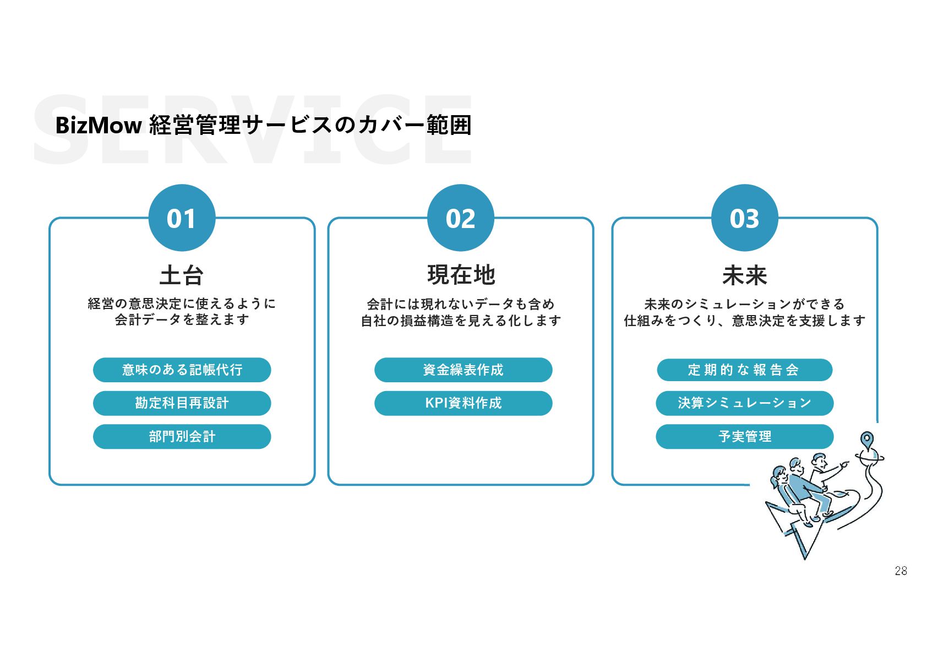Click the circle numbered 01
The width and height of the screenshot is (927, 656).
click(x=182, y=218)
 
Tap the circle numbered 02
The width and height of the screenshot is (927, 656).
click(x=460, y=218)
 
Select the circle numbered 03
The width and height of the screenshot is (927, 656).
click(x=744, y=218)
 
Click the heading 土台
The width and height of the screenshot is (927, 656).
click(x=182, y=275)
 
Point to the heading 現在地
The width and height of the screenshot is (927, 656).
click(x=461, y=275)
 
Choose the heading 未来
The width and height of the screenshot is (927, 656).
click(x=744, y=275)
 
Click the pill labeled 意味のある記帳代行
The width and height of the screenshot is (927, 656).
click(x=182, y=370)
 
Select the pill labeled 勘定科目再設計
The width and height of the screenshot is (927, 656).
click(x=182, y=403)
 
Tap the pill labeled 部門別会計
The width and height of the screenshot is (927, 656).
click(x=182, y=437)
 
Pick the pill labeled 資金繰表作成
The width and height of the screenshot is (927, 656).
click(x=463, y=370)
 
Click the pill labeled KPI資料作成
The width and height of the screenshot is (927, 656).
click(x=463, y=403)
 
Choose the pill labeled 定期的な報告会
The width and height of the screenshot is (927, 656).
click(x=744, y=370)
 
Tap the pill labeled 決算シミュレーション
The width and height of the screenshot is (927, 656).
click(x=744, y=403)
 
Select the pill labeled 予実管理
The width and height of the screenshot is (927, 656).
click(x=744, y=437)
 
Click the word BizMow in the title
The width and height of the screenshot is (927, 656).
click(x=99, y=126)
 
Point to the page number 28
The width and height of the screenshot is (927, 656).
click(x=901, y=571)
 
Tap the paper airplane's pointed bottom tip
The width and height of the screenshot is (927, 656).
click(x=805, y=557)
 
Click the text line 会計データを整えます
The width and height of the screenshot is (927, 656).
click(x=182, y=319)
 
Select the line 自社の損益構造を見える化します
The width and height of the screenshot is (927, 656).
click(x=461, y=321)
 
